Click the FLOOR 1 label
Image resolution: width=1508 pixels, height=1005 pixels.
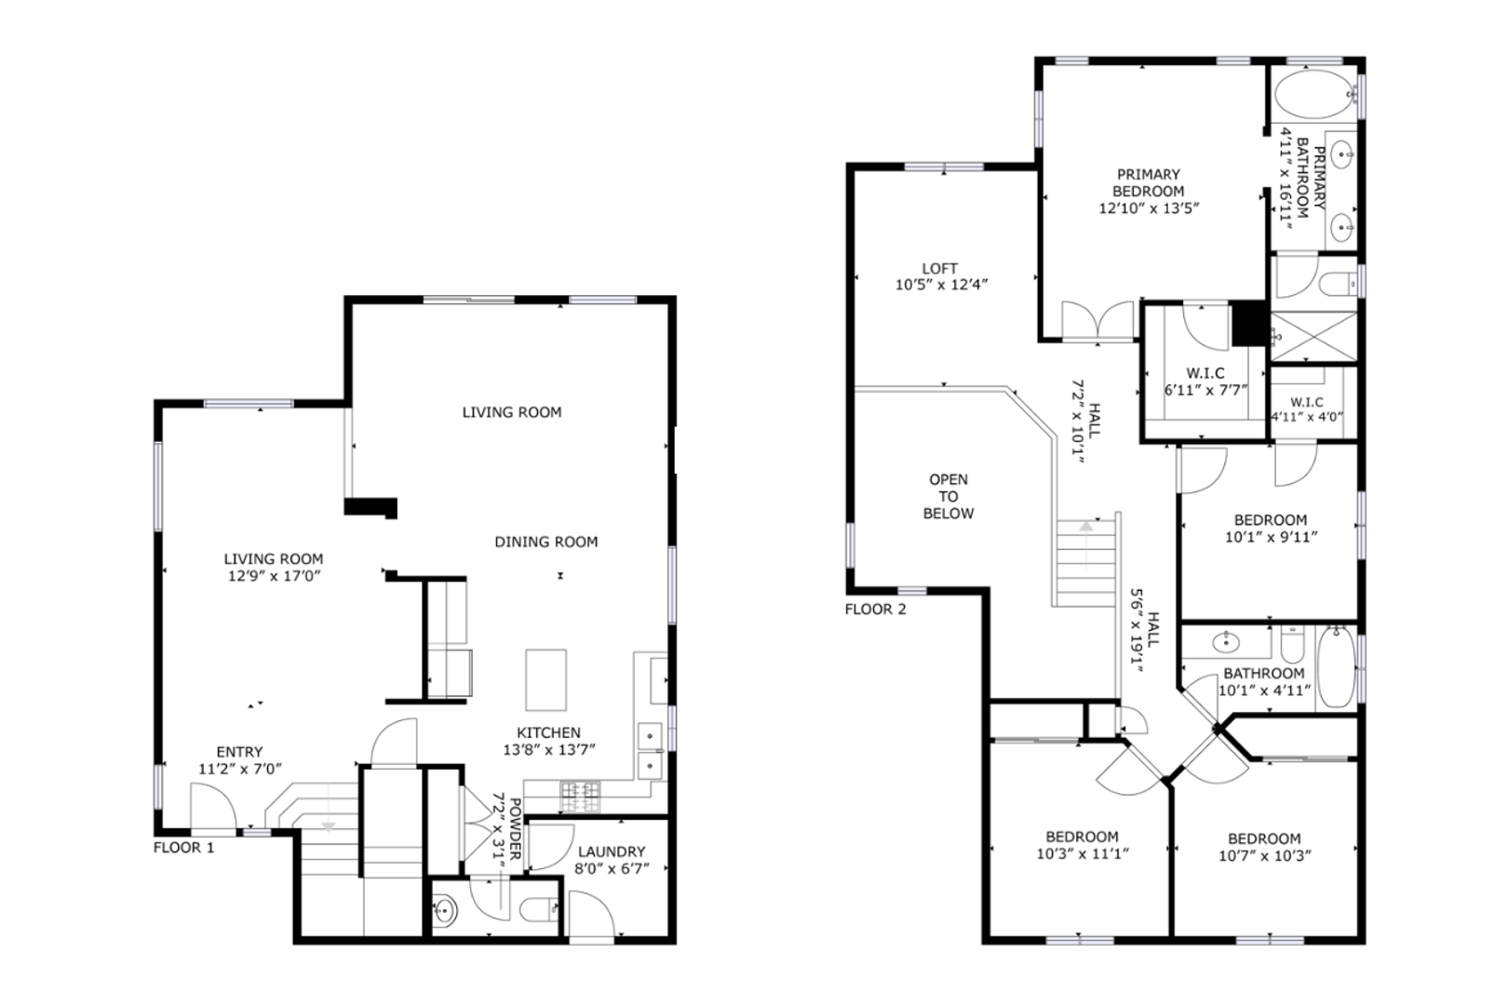(x=183, y=848)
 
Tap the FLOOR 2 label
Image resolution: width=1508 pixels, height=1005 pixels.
(x=875, y=610)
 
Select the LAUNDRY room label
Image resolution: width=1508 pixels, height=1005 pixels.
(x=612, y=851)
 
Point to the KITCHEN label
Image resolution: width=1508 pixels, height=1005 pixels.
(x=548, y=732)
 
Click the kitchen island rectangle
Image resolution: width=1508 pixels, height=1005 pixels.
(x=546, y=680)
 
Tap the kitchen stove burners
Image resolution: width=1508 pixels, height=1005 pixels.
(x=580, y=797)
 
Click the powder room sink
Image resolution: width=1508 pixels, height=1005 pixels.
(x=444, y=911)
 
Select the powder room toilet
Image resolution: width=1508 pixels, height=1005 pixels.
(x=539, y=909)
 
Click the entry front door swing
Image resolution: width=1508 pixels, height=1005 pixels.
(x=213, y=807)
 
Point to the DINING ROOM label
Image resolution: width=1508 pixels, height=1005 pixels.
(x=546, y=542)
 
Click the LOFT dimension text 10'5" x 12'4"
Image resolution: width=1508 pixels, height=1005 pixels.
(x=941, y=285)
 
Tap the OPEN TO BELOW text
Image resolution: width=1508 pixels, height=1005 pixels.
(x=949, y=496)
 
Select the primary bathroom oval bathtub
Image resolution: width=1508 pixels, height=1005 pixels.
(x=1313, y=95)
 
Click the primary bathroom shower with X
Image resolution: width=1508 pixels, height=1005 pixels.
(x=1313, y=337)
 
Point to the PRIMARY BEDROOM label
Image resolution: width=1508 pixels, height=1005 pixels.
(x=1149, y=182)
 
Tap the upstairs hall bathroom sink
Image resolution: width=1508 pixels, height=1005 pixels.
(x=1225, y=642)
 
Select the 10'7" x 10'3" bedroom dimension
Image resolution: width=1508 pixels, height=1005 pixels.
(x=1265, y=856)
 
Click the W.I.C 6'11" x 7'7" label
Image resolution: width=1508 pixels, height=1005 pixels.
(x=1205, y=381)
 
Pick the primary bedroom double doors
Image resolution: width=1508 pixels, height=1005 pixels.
(x=1098, y=320)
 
